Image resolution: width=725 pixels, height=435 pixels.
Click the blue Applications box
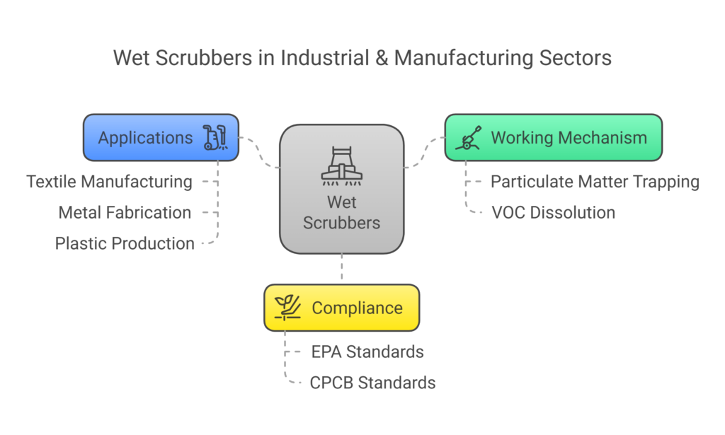coord(161,137)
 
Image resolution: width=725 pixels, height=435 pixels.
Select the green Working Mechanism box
coord(553,137)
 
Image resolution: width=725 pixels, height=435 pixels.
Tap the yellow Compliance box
coord(341,308)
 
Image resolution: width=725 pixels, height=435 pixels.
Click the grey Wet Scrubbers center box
coord(341,189)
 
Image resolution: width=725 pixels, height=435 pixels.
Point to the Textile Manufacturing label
coord(109,182)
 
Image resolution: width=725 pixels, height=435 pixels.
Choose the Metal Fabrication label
coord(125,212)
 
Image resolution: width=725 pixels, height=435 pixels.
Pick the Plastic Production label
coord(125,243)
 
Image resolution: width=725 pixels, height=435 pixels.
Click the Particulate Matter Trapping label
coord(595,182)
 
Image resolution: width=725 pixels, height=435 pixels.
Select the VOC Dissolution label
coord(553,212)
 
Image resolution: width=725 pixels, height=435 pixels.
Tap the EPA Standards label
coord(367,352)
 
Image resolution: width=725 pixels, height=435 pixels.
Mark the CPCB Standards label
coord(372,383)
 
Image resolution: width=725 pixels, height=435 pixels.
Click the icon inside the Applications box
coord(215,137)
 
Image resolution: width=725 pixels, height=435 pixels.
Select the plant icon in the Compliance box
coord(287,308)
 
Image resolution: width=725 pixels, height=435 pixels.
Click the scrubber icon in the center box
coord(341,167)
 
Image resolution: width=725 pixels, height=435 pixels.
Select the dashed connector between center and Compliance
coord(341,269)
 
